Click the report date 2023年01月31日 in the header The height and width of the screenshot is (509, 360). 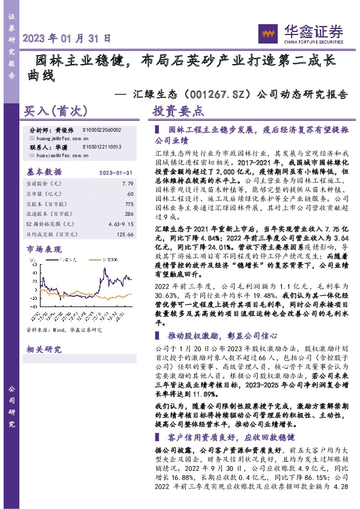coord(67,37)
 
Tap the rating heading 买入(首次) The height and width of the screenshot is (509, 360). coord(56,112)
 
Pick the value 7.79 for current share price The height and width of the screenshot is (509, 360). coord(128,183)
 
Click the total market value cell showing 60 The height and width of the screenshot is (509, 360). coord(130,193)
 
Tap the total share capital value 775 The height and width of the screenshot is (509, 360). coord(128,204)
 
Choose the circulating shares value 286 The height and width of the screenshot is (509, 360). coord(128,214)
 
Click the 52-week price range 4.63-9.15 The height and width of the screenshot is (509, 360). coord(121,224)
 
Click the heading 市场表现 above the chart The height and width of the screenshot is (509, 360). coord(44,249)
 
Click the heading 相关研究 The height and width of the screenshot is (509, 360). coord(44,349)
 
